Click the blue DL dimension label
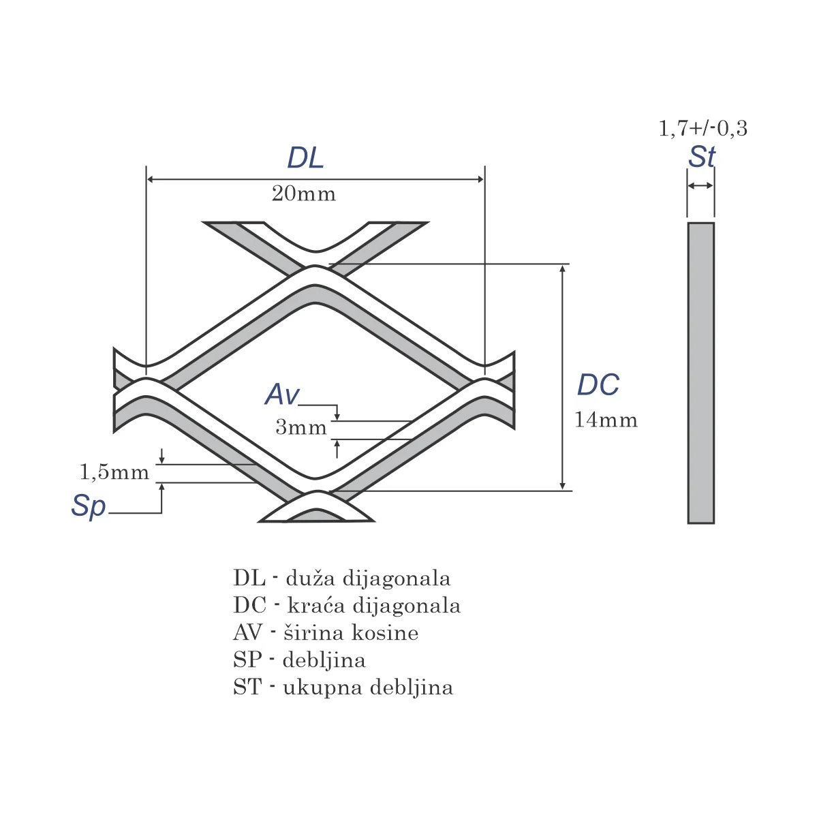pos(305,157)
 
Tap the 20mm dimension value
pos(303,194)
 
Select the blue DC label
pos(598,385)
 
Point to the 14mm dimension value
pos(606,420)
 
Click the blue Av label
pos(283,394)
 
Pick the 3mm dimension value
pos(301,427)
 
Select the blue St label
pos(702,157)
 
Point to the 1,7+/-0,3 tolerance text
pos(703,128)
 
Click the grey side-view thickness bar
pos(701,373)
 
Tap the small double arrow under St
pos(700,185)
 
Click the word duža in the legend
pos(309,578)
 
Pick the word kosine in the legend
pos(385,633)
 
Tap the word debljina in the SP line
pos(324,660)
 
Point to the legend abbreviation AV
pos(247,633)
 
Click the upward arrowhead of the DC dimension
pos(563,268)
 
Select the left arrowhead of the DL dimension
pos(151,179)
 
